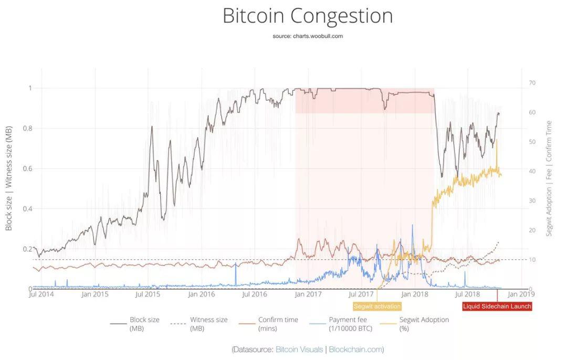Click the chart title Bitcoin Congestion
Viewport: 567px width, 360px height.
click(307, 16)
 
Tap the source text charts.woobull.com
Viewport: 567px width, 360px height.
click(318, 36)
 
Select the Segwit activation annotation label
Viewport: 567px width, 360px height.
click(377, 306)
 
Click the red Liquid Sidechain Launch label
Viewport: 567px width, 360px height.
click(497, 306)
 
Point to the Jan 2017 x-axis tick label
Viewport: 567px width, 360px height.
click(308, 294)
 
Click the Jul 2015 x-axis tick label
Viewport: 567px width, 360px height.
click(148, 294)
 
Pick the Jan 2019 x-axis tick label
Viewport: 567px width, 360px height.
click(521, 294)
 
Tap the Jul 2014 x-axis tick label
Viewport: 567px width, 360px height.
click(41, 294)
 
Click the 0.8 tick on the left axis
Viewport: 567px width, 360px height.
click(27, 129)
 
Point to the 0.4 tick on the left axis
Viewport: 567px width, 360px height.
click(27, 208)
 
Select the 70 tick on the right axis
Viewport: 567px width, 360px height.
click(532, 83)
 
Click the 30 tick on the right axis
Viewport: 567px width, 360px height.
click(532, 200)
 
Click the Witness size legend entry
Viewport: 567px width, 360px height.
click(199, 324)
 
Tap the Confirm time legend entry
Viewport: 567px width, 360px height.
click(269, 324)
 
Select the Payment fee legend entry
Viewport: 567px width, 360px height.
click(341, 324)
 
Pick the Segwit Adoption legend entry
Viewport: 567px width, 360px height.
click(414, 324)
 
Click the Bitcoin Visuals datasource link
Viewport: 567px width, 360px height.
click(299, 350)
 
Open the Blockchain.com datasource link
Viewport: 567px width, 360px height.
click(355, 350)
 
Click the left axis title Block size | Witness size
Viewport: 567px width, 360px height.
click(9, 178)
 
